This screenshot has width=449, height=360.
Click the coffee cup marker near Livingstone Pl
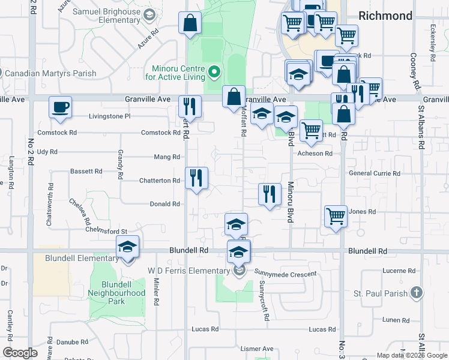[60, 107]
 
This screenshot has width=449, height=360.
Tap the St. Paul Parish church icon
[418, 293]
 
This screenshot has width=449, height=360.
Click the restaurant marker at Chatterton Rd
[197, 178]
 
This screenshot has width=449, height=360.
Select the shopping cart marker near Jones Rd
[336, 217]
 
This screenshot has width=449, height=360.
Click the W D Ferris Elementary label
[189, 271]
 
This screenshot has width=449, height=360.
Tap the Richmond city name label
[385, 16]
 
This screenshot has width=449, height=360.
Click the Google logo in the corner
[20, 353]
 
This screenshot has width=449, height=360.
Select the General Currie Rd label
[375, 173]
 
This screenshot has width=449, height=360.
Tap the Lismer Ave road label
[256, 349]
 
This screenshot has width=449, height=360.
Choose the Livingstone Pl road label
[109, 116]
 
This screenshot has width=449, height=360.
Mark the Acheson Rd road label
[315, 154]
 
